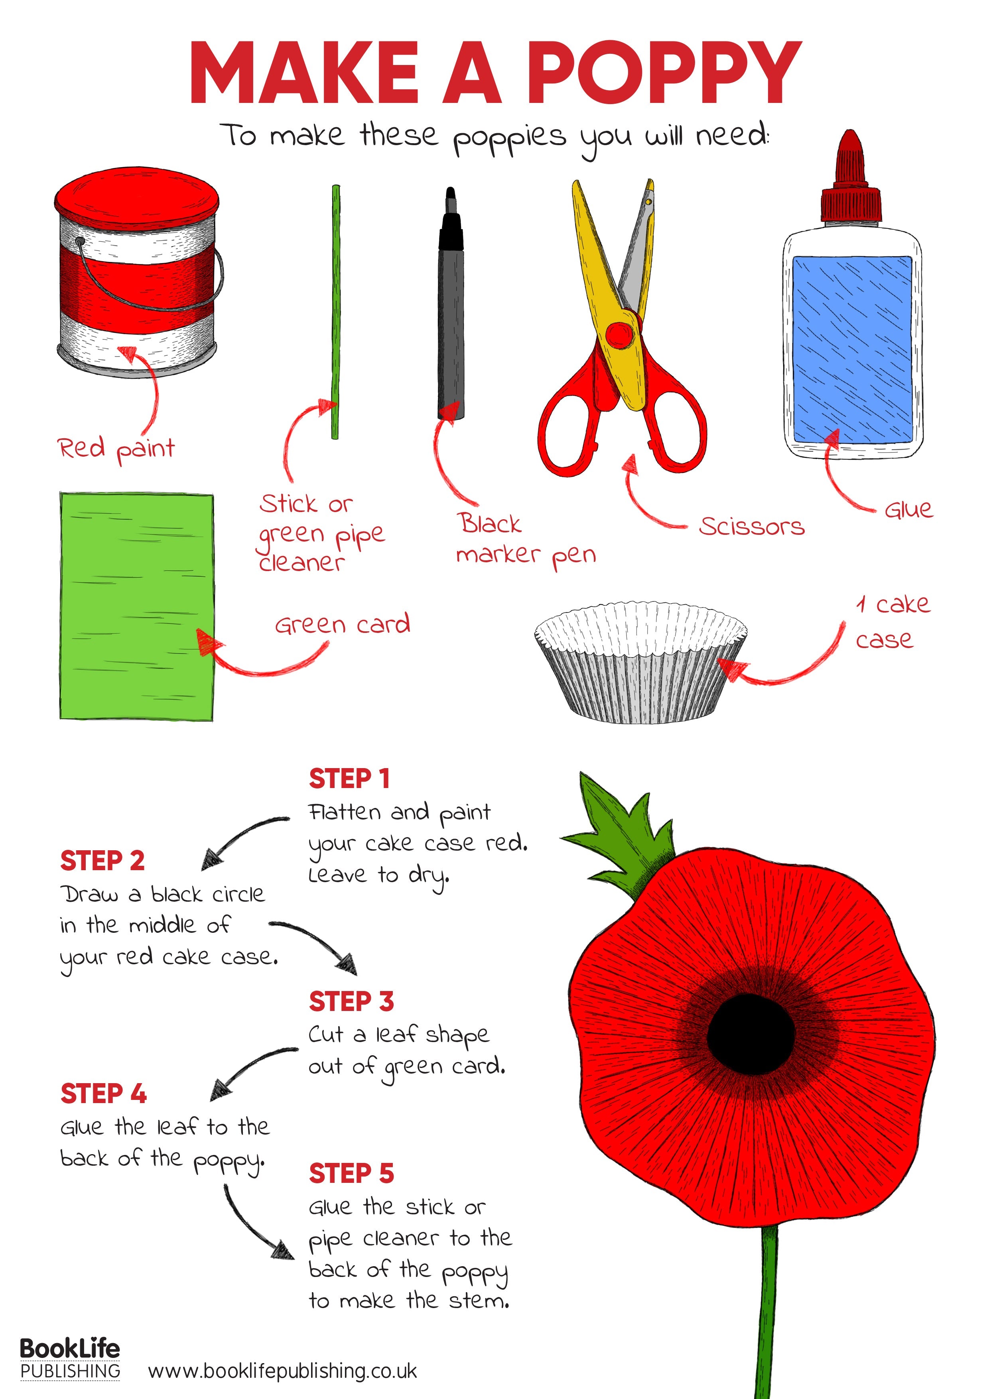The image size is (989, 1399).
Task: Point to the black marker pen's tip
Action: [451, 196]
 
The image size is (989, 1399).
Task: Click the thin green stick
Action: [335, 311]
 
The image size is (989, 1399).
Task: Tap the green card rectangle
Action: [136, 607]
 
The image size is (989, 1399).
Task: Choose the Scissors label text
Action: [751, 526]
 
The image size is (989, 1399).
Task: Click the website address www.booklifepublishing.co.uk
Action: [282, 1371]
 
